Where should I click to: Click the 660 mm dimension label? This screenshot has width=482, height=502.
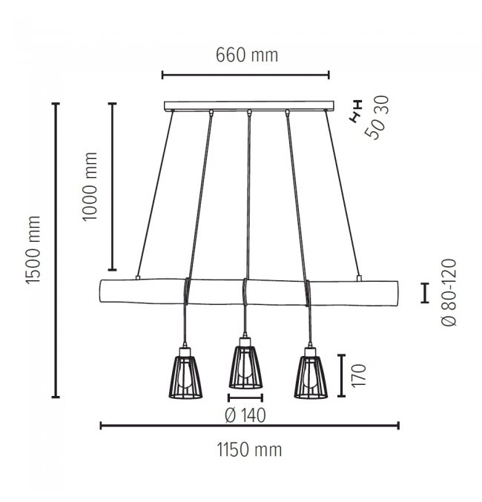coord(247,55)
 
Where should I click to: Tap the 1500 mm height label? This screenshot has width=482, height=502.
coord(33,250)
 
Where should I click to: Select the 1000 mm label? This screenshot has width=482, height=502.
coord(89,186)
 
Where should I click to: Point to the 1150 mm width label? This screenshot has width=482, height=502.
coord(249,449)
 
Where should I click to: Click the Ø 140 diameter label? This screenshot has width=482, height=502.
coord(245,415)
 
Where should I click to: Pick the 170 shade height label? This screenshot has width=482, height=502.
coord(359,375)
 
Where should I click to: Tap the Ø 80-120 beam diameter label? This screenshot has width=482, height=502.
coord(449,292)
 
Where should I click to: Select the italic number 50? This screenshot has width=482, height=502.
coord(374,128)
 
